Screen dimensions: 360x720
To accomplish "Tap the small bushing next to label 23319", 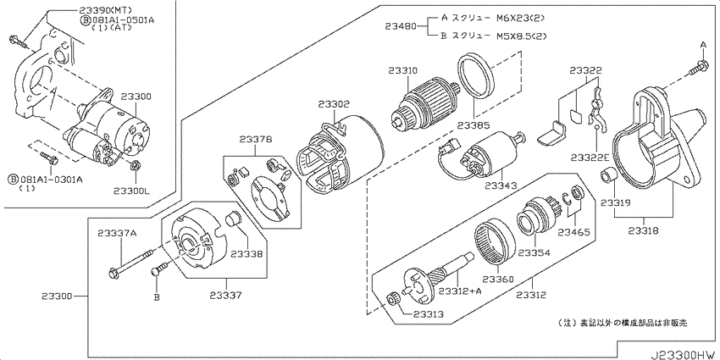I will pyautogui.click(x=606, y=176).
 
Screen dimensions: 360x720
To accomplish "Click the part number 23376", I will pyautogui.click(x=255, y=139).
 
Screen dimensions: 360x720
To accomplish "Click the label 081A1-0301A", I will pyautogui.click(x=51, y=179).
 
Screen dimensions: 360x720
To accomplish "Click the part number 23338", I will pyautogui.click(x=246, y=253).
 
